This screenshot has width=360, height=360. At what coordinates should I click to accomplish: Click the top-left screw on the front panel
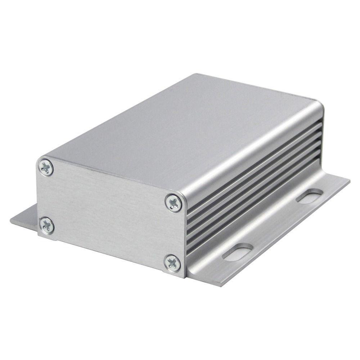(46, 168)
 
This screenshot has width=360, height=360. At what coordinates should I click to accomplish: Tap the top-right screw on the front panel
(174, 203)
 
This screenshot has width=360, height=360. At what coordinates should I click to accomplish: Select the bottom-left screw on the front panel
(47, 226)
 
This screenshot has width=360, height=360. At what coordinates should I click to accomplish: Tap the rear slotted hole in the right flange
(309, 196)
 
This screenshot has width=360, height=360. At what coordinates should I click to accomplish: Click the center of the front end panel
(110, 214)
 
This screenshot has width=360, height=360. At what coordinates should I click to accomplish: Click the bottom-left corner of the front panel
(39, 236)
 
